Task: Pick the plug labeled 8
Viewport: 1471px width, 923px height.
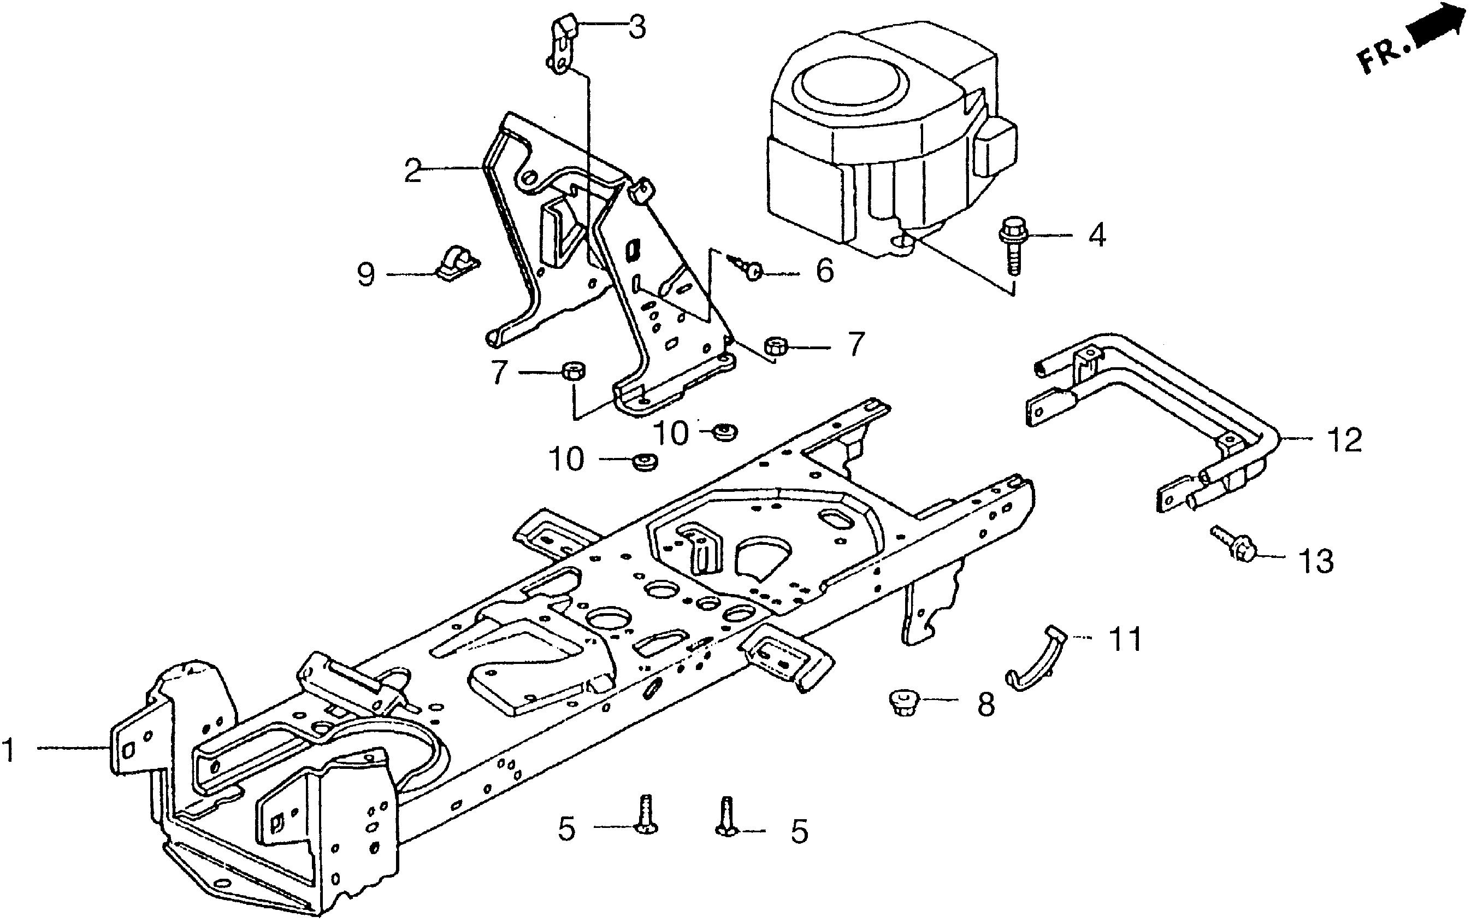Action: (901, 702)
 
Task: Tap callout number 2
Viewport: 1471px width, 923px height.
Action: (413, 171)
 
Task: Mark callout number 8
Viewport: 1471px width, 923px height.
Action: (986, 705)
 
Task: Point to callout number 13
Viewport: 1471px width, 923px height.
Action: (1316, 561)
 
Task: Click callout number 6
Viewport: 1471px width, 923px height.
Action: (824, 271)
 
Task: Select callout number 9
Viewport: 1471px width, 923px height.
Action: (365, 275)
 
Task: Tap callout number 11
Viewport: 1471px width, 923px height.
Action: (1125, 639)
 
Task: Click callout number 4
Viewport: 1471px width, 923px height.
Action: (1097, 235)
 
